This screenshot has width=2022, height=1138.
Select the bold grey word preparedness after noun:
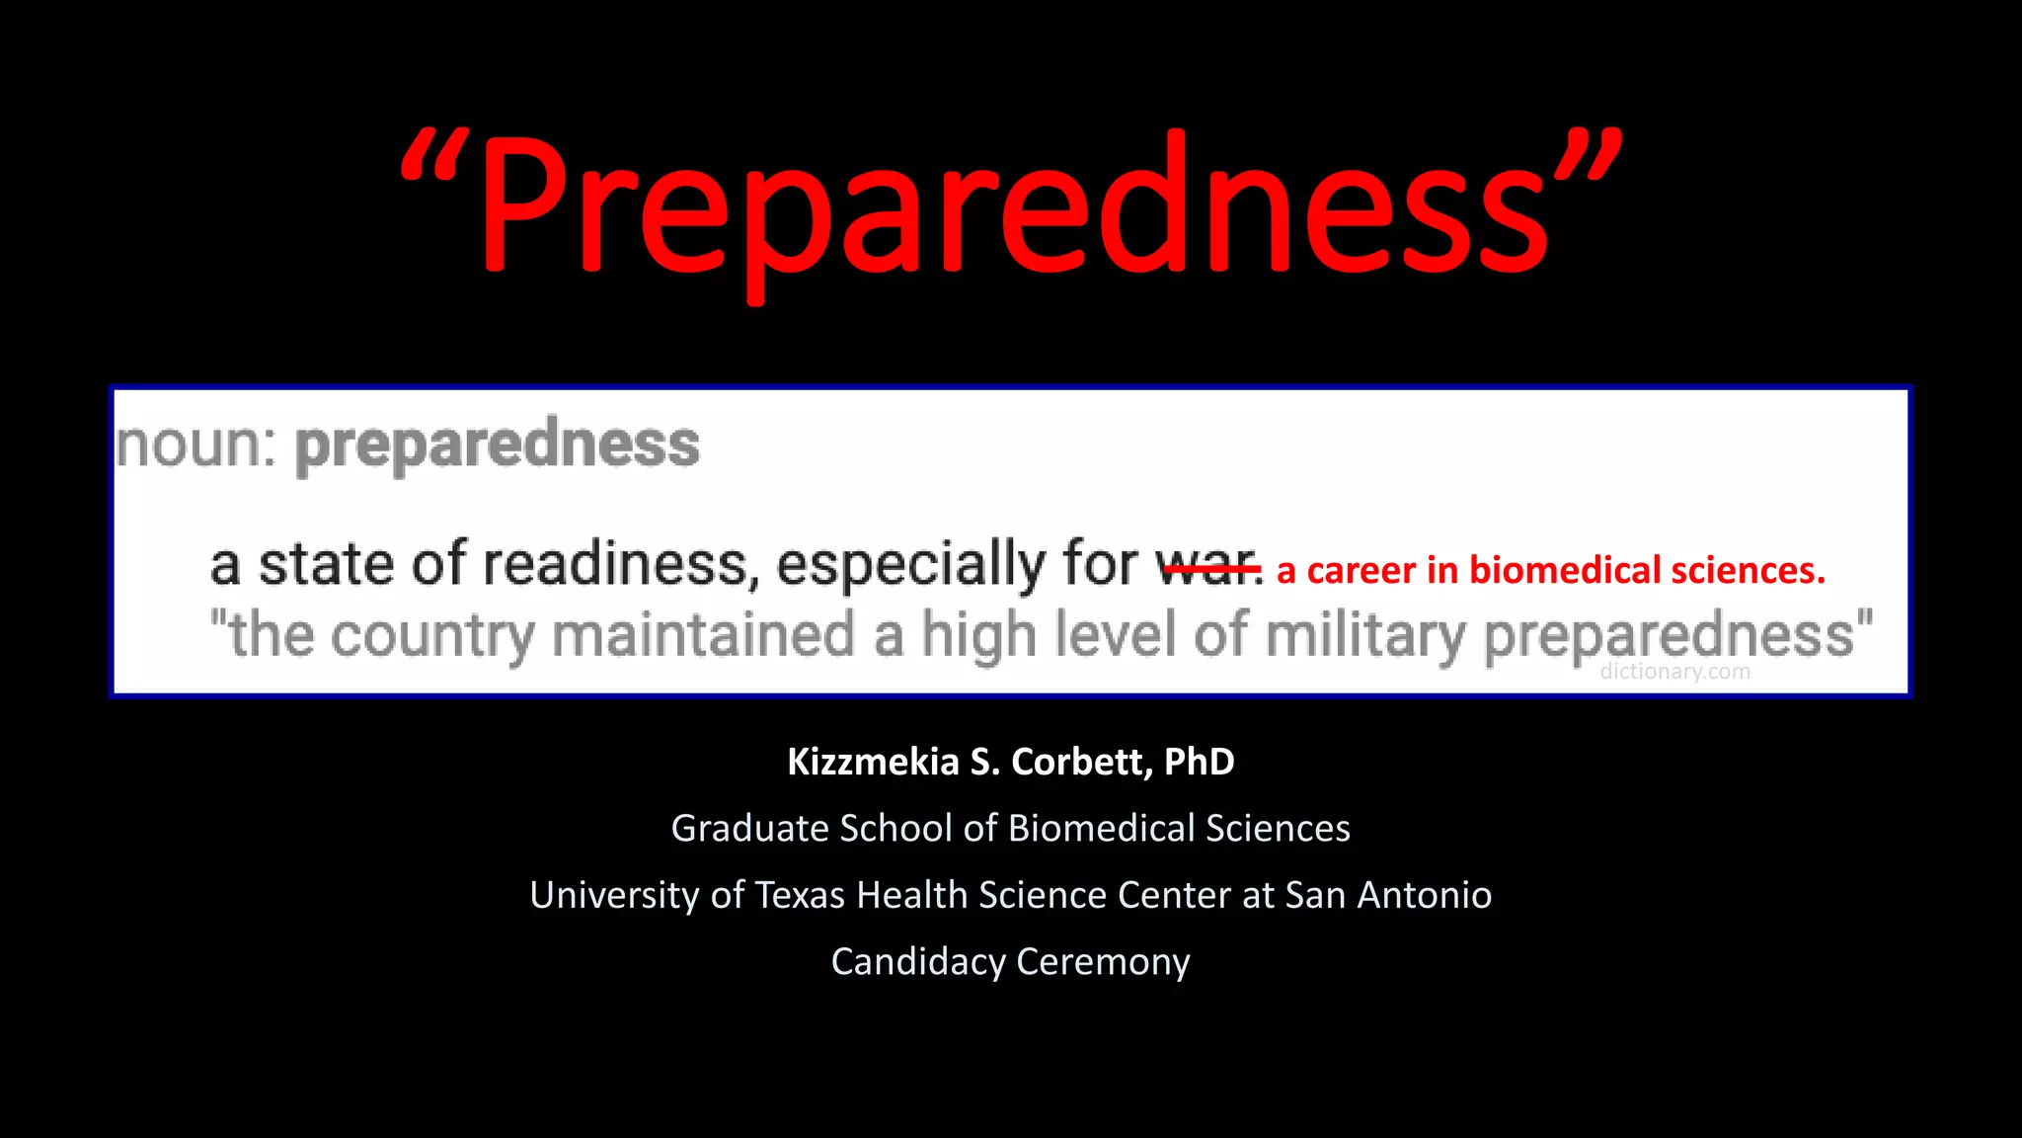[498, 446]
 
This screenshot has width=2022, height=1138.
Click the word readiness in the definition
[620, 565]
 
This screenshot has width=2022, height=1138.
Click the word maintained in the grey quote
[703, 634]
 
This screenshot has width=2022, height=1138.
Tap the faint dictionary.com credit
[1674, 672]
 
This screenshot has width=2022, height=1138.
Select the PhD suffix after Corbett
[1199, 762]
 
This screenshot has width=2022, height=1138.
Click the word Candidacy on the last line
[918, 961]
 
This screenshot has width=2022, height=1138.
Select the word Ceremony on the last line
[1103, 961]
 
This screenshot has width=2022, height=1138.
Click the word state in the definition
[325, 565]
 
